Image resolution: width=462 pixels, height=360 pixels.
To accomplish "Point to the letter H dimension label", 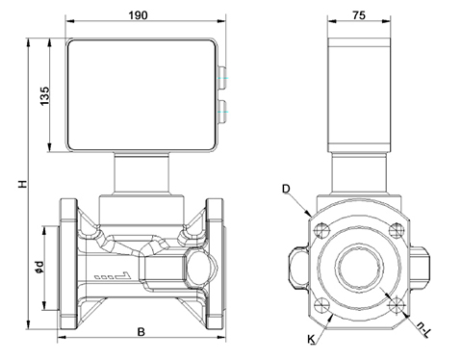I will pyautogui.click(x=16, y=184).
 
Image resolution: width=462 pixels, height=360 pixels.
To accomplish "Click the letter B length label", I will pyautogui.click(x=141, y=333).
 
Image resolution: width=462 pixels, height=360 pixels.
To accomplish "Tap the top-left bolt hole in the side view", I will pyautogui.click(x=321, y=229).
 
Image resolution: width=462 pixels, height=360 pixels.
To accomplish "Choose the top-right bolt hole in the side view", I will pyautogui.click(x=395, y=229).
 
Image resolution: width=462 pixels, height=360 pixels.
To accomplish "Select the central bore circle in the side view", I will pyautogui.click(x=358, y=267).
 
